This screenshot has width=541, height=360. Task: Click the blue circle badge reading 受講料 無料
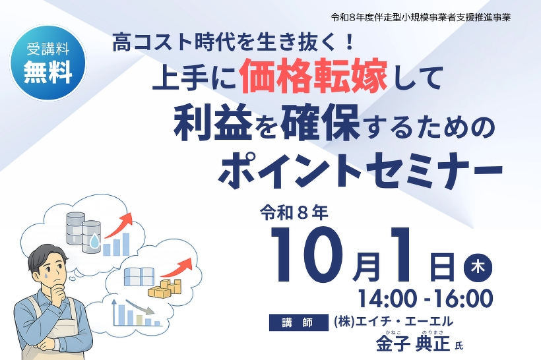coord(48,63)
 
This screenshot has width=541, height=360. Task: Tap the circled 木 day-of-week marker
coord(478,267)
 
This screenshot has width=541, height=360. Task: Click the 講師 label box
coord(298,322)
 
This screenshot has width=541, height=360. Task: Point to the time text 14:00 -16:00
coord(426,299)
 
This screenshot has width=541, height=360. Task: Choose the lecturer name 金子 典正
coord(413,343)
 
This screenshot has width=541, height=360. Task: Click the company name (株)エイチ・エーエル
coord(394,321)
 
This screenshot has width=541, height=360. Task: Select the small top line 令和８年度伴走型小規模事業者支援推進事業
coord(420,17)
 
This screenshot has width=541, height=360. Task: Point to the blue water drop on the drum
coord(94,241)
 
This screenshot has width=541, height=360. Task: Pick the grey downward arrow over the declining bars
coord(139,307)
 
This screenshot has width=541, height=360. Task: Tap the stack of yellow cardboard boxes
coord(165,289)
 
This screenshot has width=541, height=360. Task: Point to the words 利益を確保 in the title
coord(267,125)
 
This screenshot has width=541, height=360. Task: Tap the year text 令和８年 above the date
coord(294,214)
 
